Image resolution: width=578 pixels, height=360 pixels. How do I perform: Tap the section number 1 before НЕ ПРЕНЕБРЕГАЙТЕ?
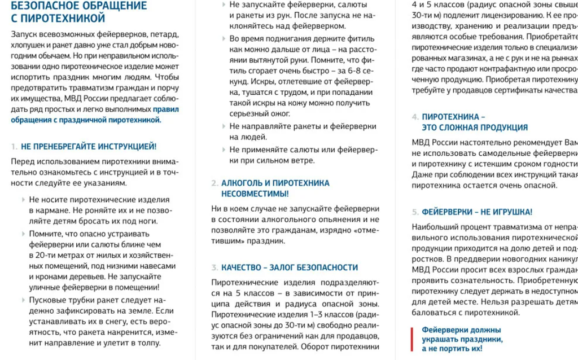click(14, 147)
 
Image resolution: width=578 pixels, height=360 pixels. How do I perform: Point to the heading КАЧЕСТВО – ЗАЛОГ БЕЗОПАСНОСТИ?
click(289, 267)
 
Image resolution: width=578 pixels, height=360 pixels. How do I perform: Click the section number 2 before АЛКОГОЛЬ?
click(214, 183)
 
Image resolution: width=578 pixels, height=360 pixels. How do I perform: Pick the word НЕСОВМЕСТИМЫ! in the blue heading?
click(255, 194)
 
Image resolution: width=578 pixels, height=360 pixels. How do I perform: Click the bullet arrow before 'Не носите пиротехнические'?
click(23, 200)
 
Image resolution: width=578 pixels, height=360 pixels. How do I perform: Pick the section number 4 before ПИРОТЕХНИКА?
click(415, 117)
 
